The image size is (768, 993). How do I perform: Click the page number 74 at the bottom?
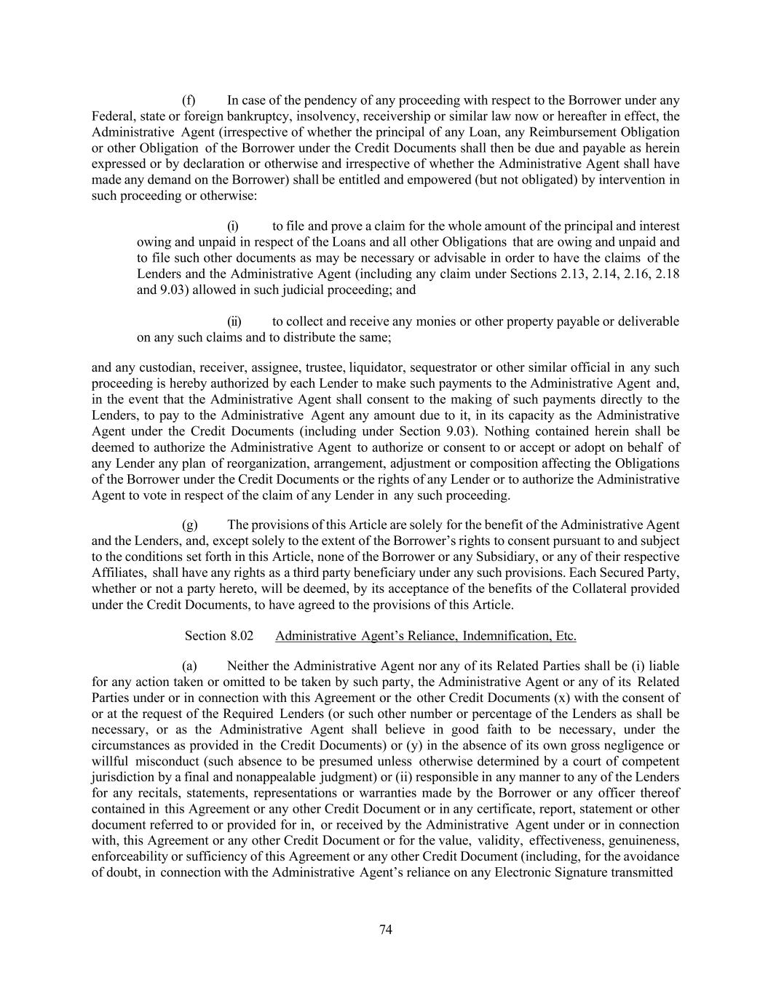(386, 930)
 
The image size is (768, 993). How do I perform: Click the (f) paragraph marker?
(189, 100)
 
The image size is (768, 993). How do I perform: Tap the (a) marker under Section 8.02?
(189, 666)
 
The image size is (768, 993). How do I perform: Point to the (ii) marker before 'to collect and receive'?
(234, 322)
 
